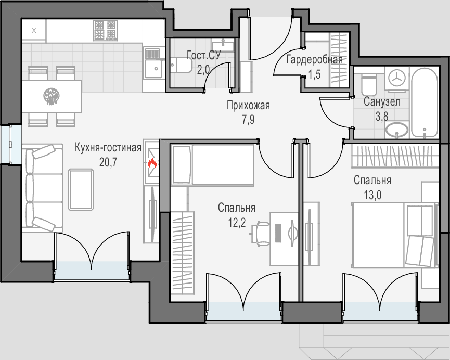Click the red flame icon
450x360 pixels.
tap(152, 164)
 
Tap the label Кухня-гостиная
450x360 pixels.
tap(108, 148)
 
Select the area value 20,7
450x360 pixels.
tap(108, 162)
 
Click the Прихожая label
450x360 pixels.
tap(248, 106)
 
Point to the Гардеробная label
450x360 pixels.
tap(315, 60)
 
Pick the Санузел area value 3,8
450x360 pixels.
tap(382, 116)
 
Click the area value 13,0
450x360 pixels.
tap(372, 195)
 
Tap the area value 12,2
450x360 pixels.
tap(237, 223)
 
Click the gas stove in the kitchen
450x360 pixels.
tap(105, 30)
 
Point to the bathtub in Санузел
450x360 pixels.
tap(425, 103)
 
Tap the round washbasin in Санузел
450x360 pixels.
tap(397, 129)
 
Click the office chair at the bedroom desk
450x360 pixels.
tap(260, 234)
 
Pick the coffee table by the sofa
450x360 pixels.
tap(81, 189)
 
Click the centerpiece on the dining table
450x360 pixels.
tap(52, 96)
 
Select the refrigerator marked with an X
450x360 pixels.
tap(34, 30)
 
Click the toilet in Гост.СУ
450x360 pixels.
tap(181, 66)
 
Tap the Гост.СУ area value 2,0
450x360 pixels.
tap(203, 70)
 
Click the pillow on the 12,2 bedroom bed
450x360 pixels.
tap(182, 164)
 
